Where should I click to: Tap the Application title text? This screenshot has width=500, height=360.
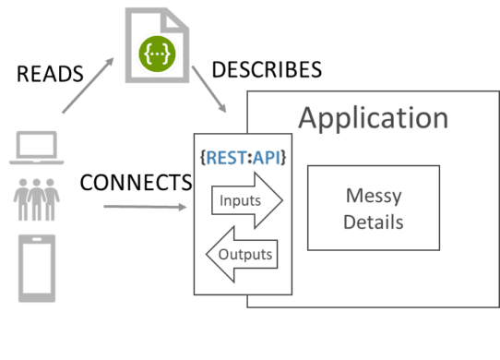tap(373, 118)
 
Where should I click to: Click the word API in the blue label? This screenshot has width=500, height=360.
tap(268, 157)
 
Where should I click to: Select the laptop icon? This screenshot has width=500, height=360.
tap(34, 148)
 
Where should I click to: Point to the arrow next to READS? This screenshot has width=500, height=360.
tap(88, 88)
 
